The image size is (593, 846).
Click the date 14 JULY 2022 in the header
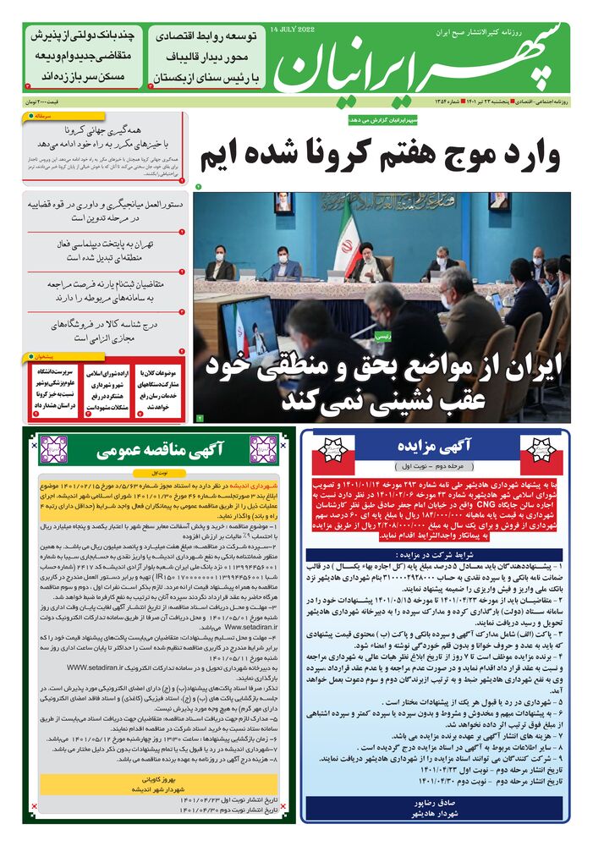(292, 30)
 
